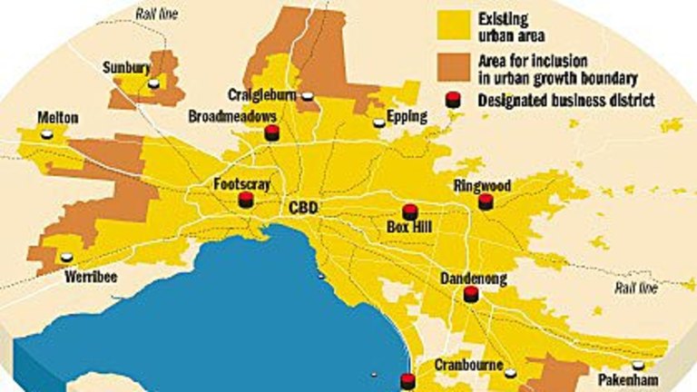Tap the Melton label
[x=58, y=118]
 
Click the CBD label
[x=302, y=208]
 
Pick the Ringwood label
[x=483, y=186]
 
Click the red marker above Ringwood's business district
[x=486, y=201]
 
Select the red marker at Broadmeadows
[x=270, y=133]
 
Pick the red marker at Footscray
[x=244, y=201]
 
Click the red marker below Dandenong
[x=470, y=294]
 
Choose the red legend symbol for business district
[x=452, y=99]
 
